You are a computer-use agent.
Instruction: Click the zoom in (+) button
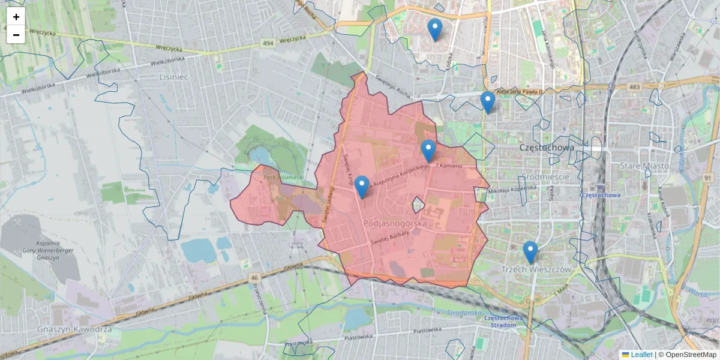click(16, 17)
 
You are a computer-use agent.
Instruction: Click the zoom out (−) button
click(16, 35)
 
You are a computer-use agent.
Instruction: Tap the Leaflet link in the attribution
click(641, 355)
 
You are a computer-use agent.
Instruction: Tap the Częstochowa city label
click(545, 148)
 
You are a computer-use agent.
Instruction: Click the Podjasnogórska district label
click(395, 223)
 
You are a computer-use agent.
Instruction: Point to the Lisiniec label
click(174, 77)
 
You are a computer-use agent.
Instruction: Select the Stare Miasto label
click(646, 166)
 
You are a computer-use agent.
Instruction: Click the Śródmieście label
click(545, 178)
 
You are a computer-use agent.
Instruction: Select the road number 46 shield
click(254, 278)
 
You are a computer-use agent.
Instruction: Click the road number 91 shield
click(709, 178)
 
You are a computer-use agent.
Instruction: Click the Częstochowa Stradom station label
click(500, 322)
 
